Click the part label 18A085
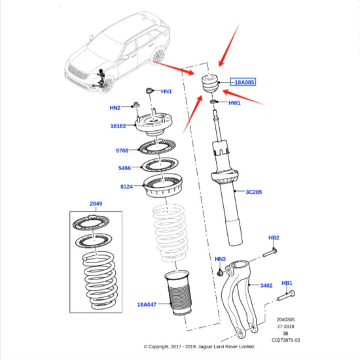[242, 82]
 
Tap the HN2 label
[115, 107]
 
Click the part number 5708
[122, 151]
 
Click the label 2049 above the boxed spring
[97, 204]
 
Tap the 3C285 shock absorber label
[255, 192]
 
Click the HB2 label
[274, 237]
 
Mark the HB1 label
[287, 283]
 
